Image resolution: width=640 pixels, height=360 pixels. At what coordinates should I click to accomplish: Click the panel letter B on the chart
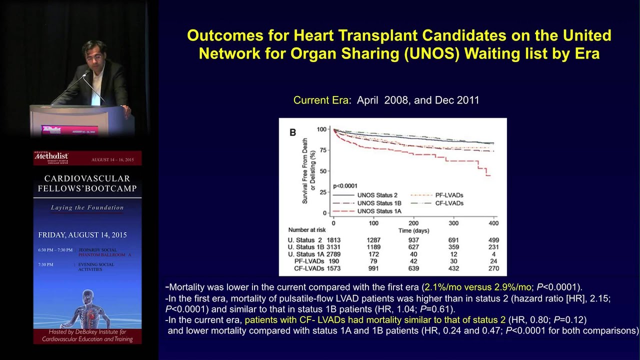[x=293, y=132]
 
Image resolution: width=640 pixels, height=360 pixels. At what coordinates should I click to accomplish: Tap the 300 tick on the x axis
[x=453, y=222]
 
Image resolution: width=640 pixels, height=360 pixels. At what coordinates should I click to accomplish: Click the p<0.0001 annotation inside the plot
[x=345, y=186]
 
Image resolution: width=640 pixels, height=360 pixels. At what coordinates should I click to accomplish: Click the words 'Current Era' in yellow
[x=320, y=100]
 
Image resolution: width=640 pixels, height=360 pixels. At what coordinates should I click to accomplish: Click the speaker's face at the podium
[x=91, y=55]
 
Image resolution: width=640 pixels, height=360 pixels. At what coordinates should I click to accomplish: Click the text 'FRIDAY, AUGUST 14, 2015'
[x=82, y=235]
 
